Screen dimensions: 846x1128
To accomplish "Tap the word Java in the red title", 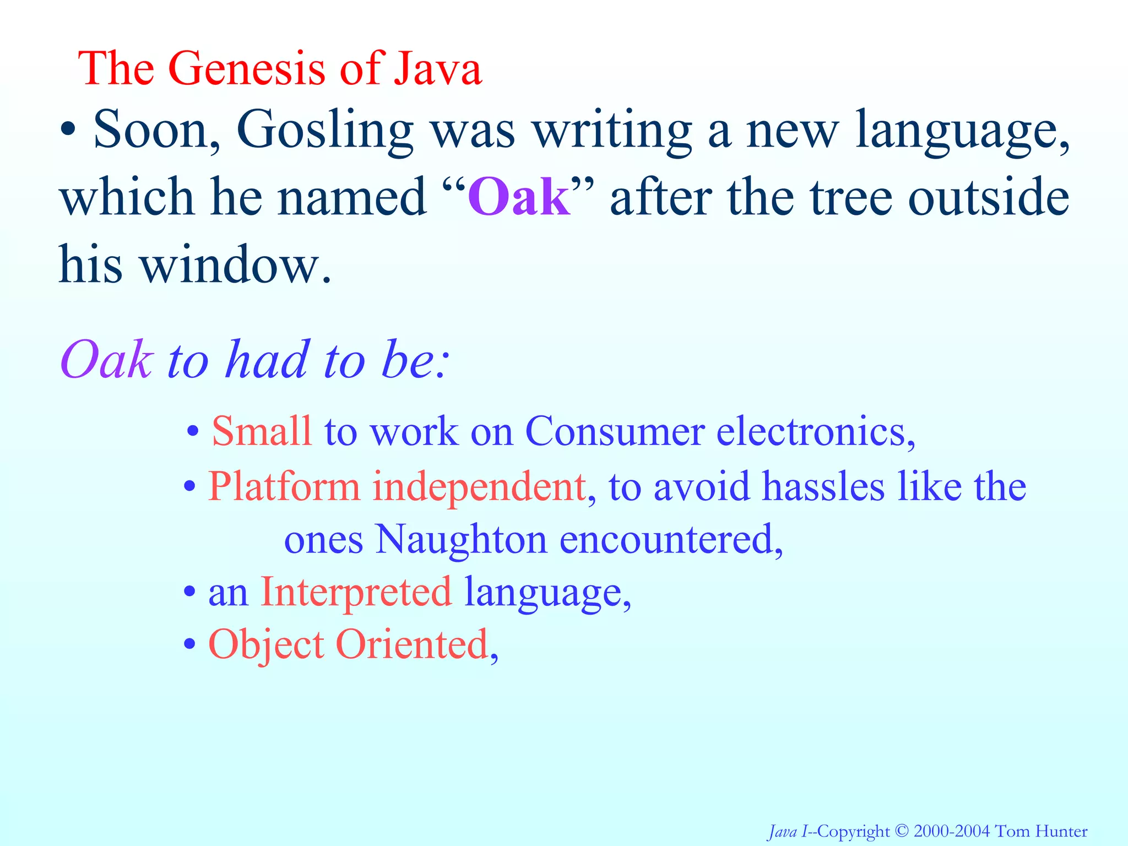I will [x=437, y=68].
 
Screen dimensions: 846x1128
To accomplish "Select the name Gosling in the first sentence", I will [x=324, y=131].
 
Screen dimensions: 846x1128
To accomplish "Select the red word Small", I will [x=262, y=431].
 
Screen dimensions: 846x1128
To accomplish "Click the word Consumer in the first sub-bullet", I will [x=615, y=431].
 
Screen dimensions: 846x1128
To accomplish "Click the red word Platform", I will [x=284, y=487].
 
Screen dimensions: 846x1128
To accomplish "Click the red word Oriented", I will [x=412, y=644].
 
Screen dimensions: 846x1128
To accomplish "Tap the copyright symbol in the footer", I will [x=901, y=831].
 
